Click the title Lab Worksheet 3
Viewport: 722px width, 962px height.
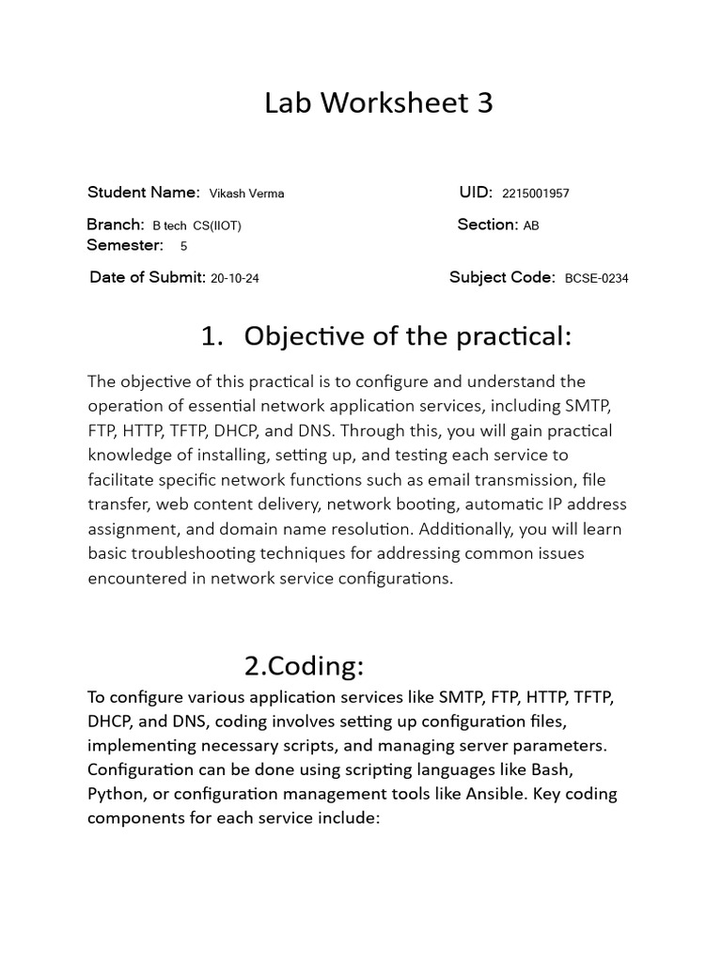point(378,103)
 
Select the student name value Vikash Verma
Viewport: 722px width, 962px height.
point(246,194)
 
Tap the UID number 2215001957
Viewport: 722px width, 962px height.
point(536,194)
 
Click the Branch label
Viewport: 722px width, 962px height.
point(115,225)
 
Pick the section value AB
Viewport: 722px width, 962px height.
point(531,225)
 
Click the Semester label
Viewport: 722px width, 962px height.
point(124,245)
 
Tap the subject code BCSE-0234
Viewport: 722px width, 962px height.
point(597,278)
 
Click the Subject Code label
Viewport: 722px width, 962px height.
point(503,277)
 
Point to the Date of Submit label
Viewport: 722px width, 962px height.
point(148,277)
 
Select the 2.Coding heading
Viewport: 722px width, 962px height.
point(304,666)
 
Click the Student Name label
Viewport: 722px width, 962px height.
point(143,193)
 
